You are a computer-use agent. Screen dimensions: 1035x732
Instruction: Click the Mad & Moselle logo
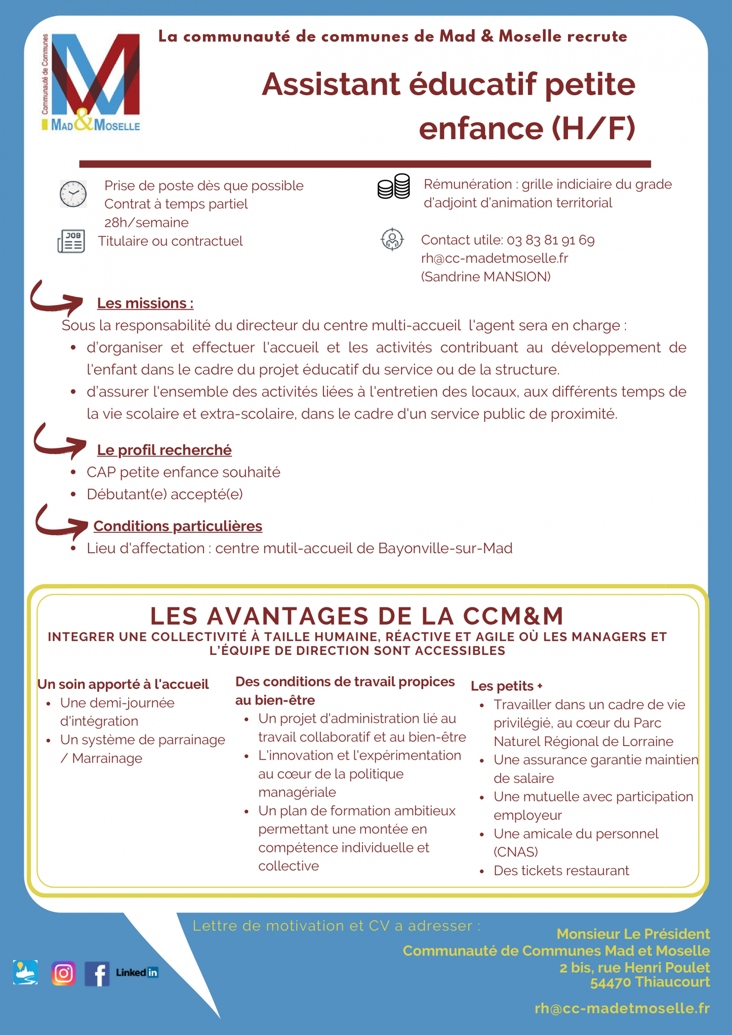(91, 82)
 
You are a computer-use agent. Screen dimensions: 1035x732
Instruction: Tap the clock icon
(73, 194)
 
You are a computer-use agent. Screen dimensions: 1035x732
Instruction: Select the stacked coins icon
(393, 186)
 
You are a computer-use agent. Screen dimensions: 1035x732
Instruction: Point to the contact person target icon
(392, 239)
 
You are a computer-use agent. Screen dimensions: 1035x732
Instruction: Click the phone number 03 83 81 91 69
(550, 240)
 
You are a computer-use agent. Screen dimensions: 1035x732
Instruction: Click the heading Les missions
(145, 303)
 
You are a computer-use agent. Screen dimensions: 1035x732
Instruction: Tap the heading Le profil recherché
(164, 450)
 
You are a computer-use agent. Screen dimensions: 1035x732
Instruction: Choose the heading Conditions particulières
(178, 526)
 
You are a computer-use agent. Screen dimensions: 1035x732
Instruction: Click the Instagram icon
(64, 973)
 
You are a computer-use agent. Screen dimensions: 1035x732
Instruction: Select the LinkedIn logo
(137, 972)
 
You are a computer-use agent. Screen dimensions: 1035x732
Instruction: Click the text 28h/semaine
(147, 223)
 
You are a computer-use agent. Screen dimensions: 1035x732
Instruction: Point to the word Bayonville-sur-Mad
(445, 548)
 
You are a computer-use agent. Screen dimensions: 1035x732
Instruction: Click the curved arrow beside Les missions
(56, 298)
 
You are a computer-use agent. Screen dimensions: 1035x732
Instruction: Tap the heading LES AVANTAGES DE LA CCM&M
(356, 616)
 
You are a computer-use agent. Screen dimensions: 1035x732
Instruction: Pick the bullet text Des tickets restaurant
(561, 871)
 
